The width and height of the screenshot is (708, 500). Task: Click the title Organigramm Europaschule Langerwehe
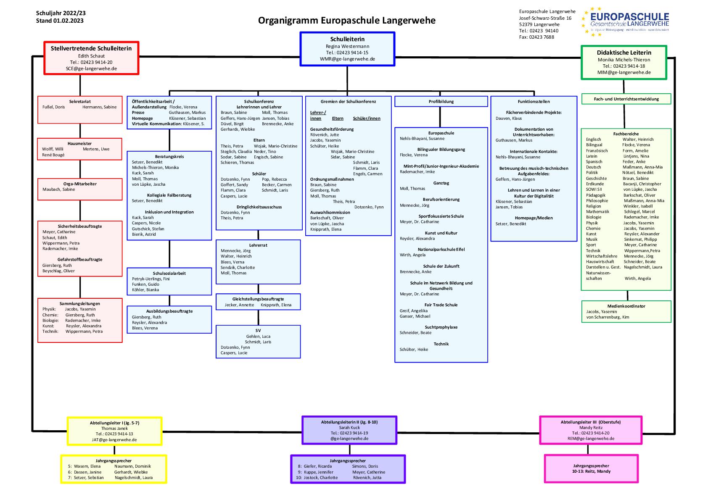tap(346, 21)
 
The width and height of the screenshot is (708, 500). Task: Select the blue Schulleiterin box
tap(347, 49)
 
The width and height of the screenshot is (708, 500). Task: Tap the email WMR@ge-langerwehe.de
tap(347, 59)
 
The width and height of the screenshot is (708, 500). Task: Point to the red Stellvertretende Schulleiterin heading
tap(91, 48)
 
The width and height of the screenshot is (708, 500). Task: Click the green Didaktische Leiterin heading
tap(623, 53)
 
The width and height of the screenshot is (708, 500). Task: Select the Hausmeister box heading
tap(79, 144)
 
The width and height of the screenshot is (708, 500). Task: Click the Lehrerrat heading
tap(258, 245)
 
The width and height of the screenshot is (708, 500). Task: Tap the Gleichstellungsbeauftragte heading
tap(258, 299)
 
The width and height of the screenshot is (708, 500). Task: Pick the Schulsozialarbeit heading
tap(169, 273)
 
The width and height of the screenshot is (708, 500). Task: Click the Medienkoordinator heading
tap(626, 306)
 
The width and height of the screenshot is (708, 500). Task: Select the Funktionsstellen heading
tap(534, 101)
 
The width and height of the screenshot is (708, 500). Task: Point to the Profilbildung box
tap(441, 101)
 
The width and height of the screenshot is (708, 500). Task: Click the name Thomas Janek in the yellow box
tap(114, 428)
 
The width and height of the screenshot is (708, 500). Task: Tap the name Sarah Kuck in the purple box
tap(349, 427)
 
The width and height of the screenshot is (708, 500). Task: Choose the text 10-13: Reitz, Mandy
tap(591, 471)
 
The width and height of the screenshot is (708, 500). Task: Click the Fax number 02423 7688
tap(536, 37)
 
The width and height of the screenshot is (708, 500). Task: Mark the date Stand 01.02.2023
tap(60, 21)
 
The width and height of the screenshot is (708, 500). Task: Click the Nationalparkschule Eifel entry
tap(441, 250)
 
